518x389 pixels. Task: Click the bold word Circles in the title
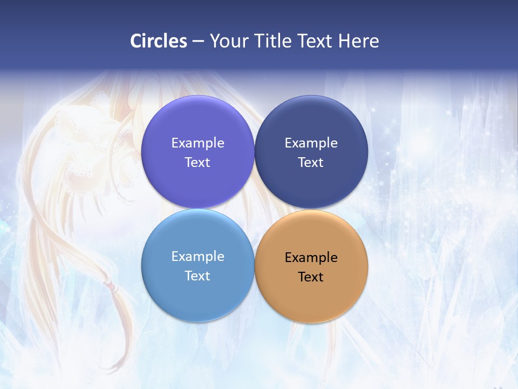click(159, 41)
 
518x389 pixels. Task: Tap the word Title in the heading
click(275, 41)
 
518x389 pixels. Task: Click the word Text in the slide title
click(317, 41)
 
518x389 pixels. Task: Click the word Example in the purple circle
click(197, 143)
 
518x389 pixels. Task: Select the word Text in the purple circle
click(197, 163)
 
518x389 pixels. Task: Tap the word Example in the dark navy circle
click(311, 143)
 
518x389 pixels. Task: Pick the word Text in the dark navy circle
click(311, 163)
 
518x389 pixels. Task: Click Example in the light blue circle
click(197, 257)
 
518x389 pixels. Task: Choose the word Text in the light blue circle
click(197, 276)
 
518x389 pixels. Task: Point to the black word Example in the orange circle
click(311, 258)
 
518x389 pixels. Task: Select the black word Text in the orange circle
click(311, 277)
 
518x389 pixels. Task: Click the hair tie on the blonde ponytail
click(109, 283)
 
